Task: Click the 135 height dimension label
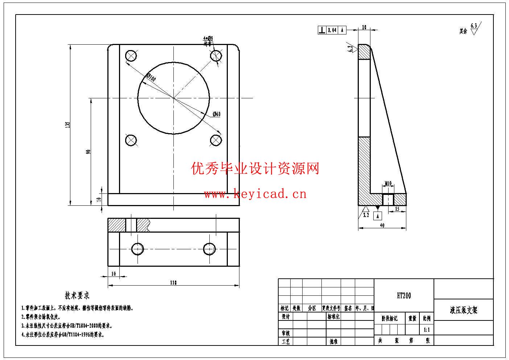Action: pyautogui.click(x=67, y=124)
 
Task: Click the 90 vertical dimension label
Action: pyautogui.click(x=88, y=152)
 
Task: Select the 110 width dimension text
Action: pyautogui.click(x=173, y=283)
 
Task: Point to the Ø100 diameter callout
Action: pyautogui.click(x=151, y=78)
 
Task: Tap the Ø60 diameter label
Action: pyautogui.click(x=216, y=114)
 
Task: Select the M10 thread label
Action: pyautogui.click(x=388, y=184)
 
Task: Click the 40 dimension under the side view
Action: pyautogui.click(x=382, y=225)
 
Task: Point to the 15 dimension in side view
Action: pyautogui.click(x=397, y=209)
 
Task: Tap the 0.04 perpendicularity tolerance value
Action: pyautogui.click(x=332, y=30)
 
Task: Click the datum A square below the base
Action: pyautogui.click(x=378, y=216)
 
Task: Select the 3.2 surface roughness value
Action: pyautogui.click(x=366, y=215)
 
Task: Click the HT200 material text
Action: pyautogui.click(x=404, y=296)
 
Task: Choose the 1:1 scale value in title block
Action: pyautogui.click(x=427, y=330)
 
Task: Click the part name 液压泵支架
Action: pyautogui.click(x=464, y=310)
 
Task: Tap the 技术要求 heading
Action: pyautogui.click(x=77, y=295)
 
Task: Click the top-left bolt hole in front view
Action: pyautogui.click(x=131, y=56)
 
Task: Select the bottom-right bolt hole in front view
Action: pyautogui.click(x=216, y=140)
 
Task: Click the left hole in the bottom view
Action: pyautogui.click(x=137, y=249)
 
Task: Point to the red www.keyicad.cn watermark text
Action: pyautogui.click(x=255, y=194)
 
